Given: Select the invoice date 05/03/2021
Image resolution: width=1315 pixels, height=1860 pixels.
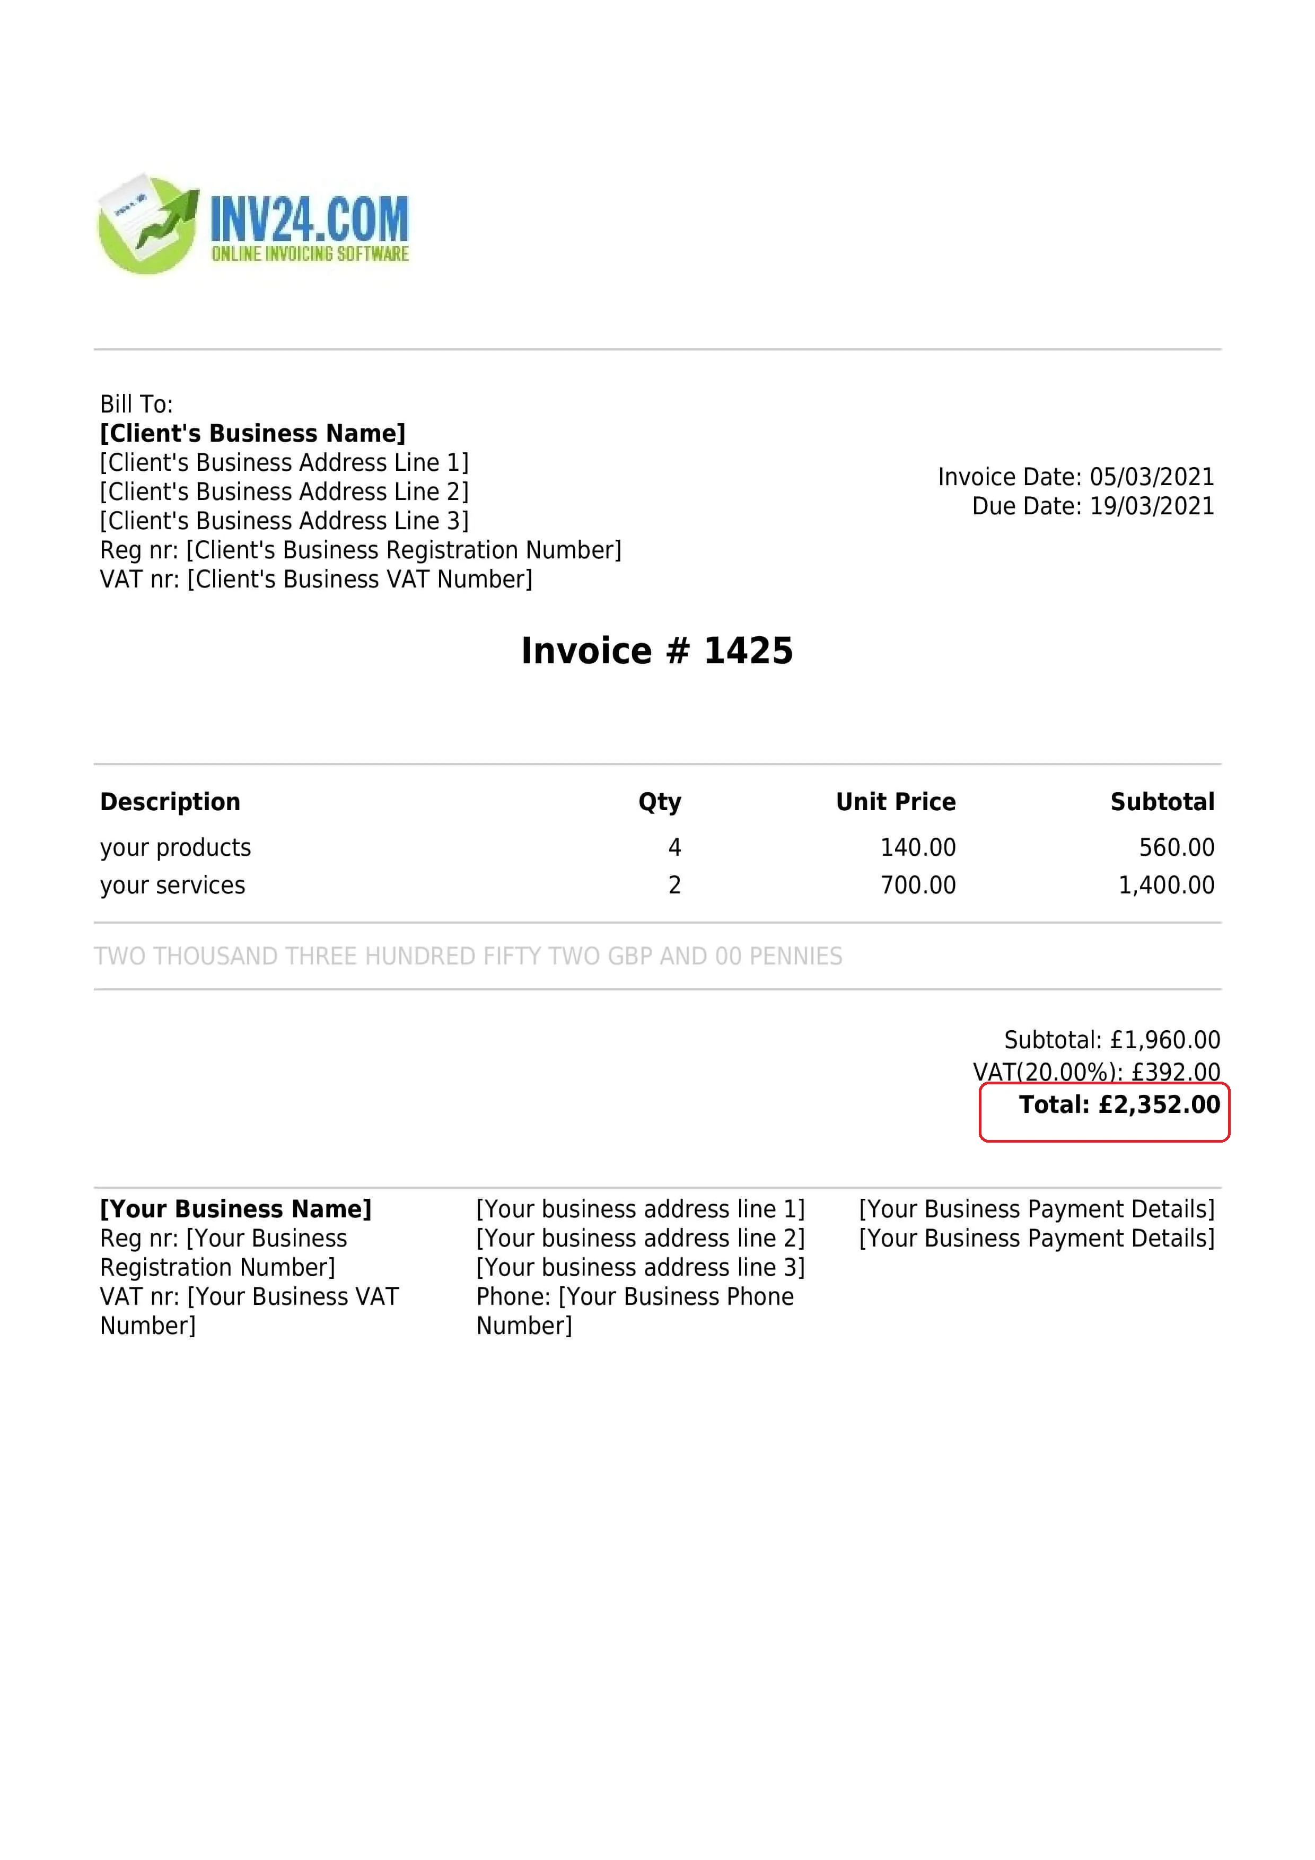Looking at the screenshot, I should [1151, 477].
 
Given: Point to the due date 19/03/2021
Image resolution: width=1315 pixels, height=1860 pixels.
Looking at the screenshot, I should [1151, 506].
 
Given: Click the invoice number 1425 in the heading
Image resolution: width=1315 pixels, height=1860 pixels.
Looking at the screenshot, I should [748, 651].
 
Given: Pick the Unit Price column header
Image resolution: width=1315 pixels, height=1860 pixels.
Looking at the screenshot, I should [895, 802].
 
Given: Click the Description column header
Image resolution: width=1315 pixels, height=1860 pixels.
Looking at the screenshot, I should [170, 802].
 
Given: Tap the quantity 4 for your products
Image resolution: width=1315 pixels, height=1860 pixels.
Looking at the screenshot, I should [674, 847].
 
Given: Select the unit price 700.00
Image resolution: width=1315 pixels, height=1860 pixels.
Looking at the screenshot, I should [918, 884].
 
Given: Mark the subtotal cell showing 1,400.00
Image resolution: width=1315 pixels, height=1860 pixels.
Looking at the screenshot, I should [1166, 884].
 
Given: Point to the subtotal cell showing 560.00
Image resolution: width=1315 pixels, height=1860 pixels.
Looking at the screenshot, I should [1177, 847].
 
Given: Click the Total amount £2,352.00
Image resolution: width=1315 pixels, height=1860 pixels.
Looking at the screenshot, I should [1159, 1105].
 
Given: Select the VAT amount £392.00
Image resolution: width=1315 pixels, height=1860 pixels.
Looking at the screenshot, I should [1176, 1073].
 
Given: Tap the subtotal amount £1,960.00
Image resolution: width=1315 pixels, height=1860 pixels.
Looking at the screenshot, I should [1165, 1040].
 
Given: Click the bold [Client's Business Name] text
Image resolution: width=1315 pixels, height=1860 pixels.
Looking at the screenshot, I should [252, 433].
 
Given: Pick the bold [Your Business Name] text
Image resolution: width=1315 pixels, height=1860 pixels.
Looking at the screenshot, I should [235, 1209].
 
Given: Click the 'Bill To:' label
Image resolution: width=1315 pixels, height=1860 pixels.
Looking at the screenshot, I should [136, 404].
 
